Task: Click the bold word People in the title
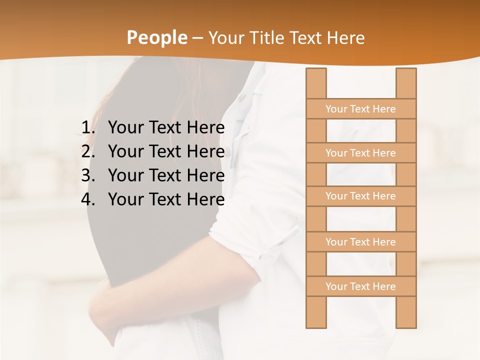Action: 156,37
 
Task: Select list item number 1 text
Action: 166,128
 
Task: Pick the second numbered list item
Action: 166,151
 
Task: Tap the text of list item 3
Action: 166,175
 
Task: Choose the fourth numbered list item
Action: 166,199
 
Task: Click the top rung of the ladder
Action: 360,109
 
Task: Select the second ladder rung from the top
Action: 360,153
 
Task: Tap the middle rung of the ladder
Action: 360,196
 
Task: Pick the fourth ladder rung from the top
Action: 360,242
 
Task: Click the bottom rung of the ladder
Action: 360,286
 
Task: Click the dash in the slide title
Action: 197,38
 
